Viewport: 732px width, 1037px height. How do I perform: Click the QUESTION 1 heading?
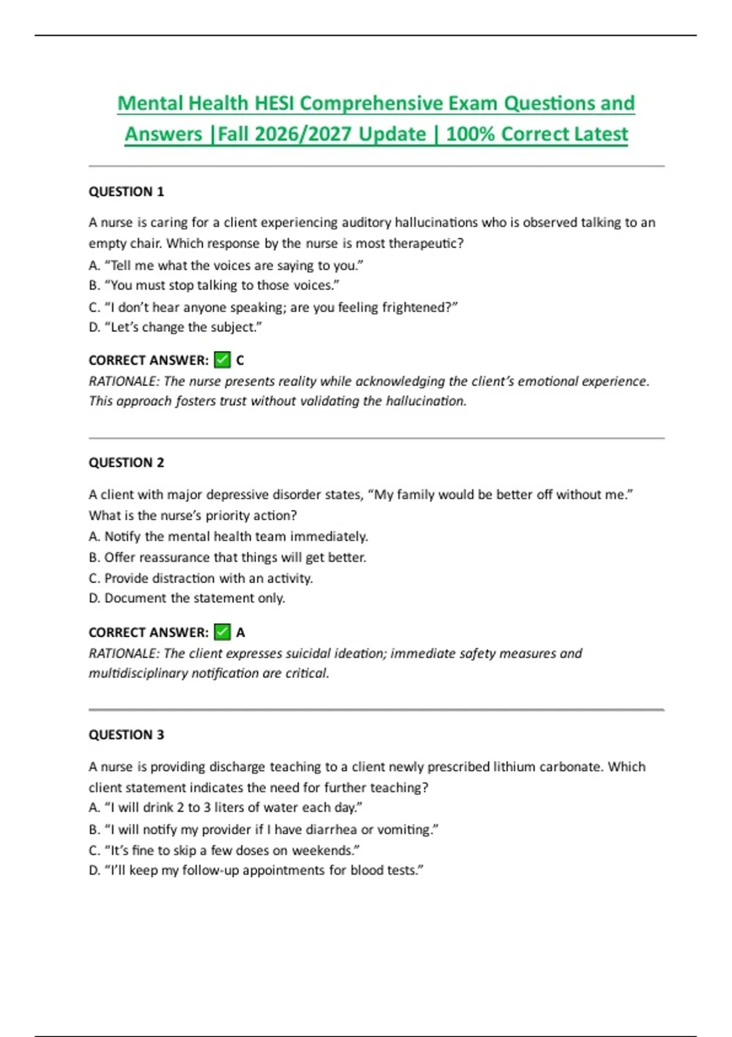pos(126,192)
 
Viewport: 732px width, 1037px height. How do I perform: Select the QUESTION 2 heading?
pos(126,462)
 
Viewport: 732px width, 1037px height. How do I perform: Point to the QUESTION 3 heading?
pos(126,734)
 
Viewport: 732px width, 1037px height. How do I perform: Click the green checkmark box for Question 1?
pos(223,360)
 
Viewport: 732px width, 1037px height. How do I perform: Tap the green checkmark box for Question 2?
pos(223,632)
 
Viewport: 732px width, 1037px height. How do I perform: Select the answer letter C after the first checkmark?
pos(240,361)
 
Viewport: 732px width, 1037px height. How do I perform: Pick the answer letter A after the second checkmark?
pos(240,633)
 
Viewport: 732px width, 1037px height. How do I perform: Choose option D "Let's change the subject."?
pos(175,327)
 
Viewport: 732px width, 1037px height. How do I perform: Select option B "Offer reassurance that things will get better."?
pos(227,557)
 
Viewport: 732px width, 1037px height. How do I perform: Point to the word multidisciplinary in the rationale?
pos(138,673)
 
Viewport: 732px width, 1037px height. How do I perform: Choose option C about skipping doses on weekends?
pos(224,850)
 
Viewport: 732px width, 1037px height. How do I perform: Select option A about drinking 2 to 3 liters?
pos(225,807)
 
